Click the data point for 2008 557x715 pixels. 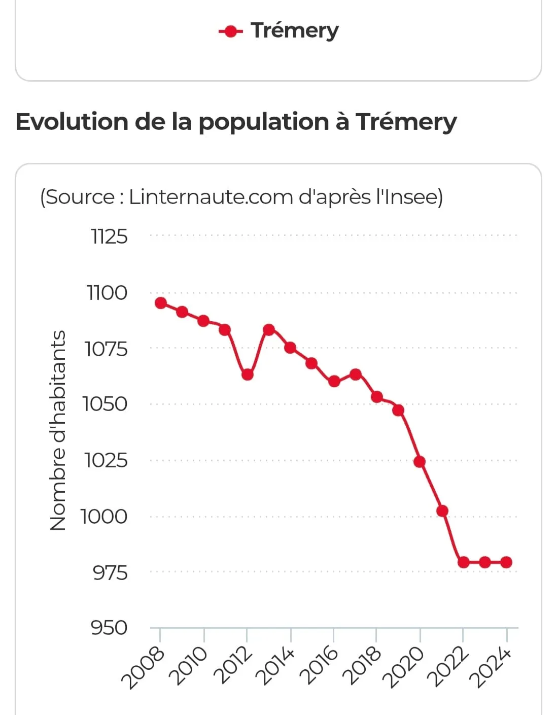161,303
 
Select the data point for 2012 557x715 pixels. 247,374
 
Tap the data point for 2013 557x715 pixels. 269,330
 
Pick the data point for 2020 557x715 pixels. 420,462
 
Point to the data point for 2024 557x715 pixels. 506,562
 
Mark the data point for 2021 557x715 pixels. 442,510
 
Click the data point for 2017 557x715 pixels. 355,374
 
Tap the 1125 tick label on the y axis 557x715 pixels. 109,236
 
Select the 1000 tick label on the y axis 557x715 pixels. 104,517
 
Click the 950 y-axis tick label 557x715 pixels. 109,628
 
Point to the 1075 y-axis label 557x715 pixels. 106,349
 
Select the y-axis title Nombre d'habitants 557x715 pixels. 58,430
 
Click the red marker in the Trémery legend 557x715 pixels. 231,31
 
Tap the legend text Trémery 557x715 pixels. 294,30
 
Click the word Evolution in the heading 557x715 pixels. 72,122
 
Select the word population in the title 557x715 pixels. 263,122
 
